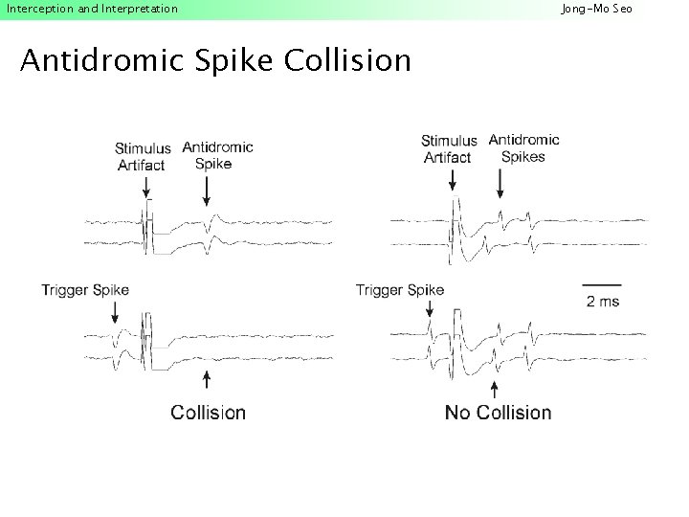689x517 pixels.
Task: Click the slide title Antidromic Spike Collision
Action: pos(215,61)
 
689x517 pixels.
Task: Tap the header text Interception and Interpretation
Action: pos(92,9)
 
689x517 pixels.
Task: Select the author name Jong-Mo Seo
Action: pos(596,9)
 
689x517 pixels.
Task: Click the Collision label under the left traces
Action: pos(208,413)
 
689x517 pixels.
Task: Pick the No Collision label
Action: pos(498,413)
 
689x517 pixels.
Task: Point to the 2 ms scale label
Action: pos(602,301)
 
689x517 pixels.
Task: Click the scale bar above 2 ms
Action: pos(602,284)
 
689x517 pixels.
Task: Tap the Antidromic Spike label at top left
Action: pos(217,155)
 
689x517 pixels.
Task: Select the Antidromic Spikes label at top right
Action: pos(523,147)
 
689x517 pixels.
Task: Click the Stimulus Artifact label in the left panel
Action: pos(143,156)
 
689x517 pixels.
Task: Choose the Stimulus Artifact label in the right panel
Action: pos(448,148)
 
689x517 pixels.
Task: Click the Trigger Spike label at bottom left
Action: pos(85,290)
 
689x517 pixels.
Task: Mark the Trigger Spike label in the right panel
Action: pos(399,290)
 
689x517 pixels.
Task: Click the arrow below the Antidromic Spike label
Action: pos(207,191)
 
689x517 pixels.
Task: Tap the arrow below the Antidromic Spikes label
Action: pos(499,183)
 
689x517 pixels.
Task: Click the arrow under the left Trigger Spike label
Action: pos(115,312)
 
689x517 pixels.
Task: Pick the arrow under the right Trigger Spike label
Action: pos(430,308)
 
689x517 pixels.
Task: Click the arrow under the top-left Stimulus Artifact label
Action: pos(146,190)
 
